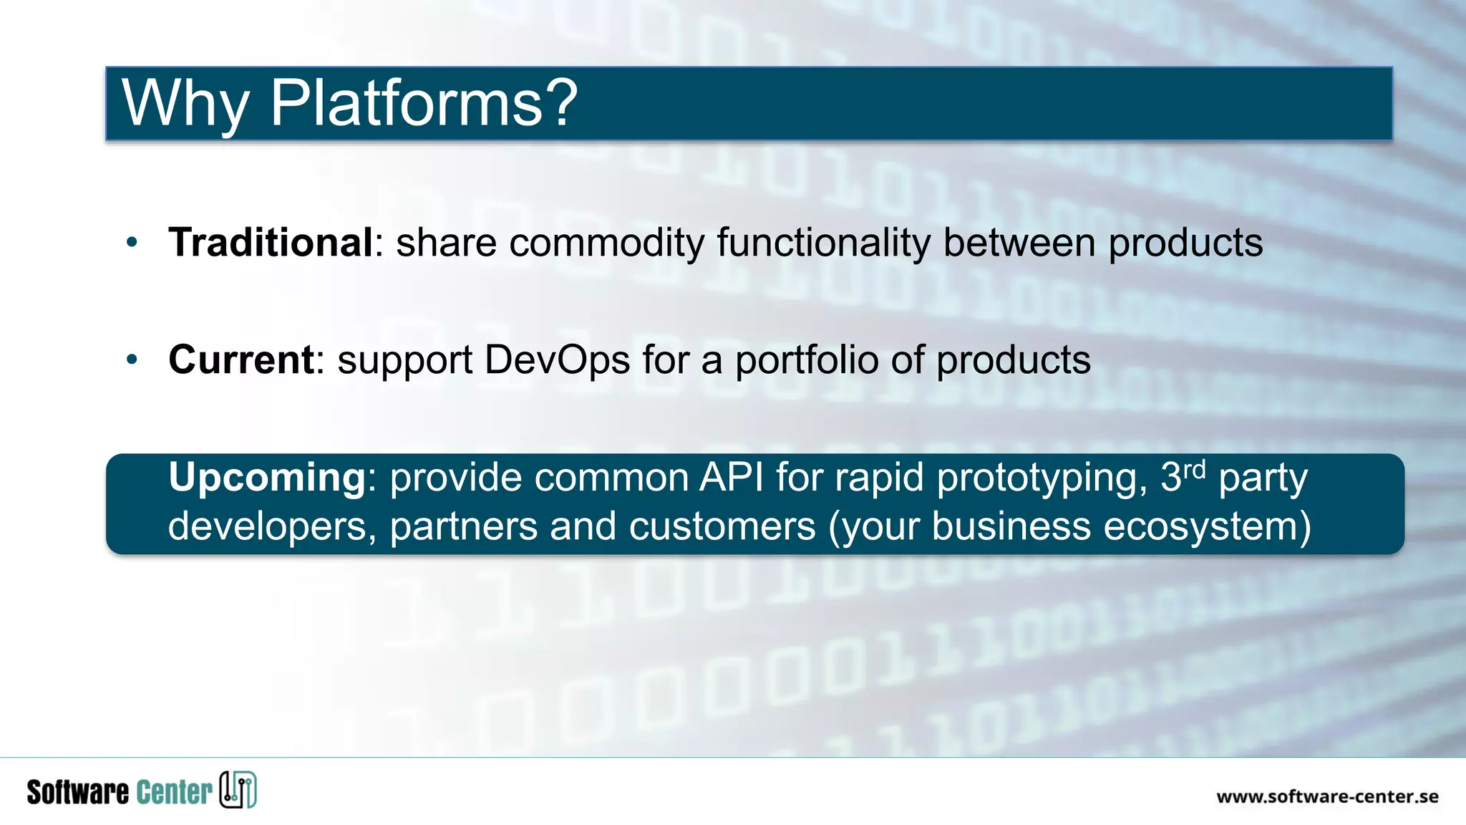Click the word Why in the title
(x=185, y=103)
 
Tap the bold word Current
(x=241, y=360)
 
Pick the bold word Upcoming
(x=267, y=477)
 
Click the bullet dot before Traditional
(x=132, y=243)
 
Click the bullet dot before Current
(x=132, y=360)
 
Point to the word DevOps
(x=557, y=360)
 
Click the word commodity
(x=607, y=243)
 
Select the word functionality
(x=823, y=243)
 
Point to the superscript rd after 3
(x=1195, y=470)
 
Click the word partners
(x=463, y=527)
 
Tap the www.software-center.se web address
(x=1327, y=796)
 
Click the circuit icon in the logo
(x=238, y=790)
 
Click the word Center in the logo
(x=174, y=792)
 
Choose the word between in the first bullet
(x=1019, y=243)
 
